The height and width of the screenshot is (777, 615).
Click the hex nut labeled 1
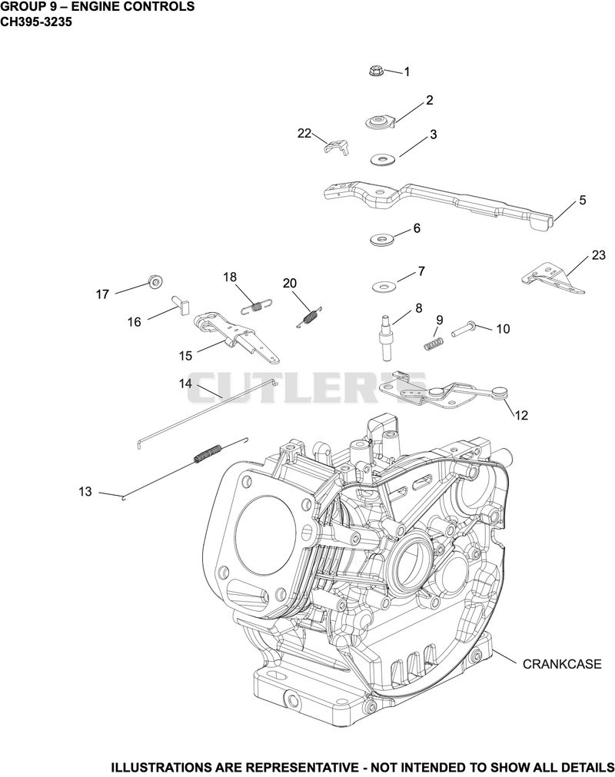[x=376, y=71]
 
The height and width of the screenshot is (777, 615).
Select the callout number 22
[x=304, y=133]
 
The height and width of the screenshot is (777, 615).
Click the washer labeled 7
[x=384, y=287]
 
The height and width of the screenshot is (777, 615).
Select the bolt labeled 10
[x=464, y=328]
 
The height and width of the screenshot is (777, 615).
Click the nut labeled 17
[x=156, y=281]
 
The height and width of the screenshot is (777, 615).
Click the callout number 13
[x=85, y=492]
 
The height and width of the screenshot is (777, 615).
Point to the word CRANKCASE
[x=562, y=663]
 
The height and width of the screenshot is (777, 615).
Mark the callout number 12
[x=521, y=415]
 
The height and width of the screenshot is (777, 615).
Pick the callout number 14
[x=185, y=384]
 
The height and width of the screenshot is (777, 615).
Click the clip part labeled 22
[x=337, y=146]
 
